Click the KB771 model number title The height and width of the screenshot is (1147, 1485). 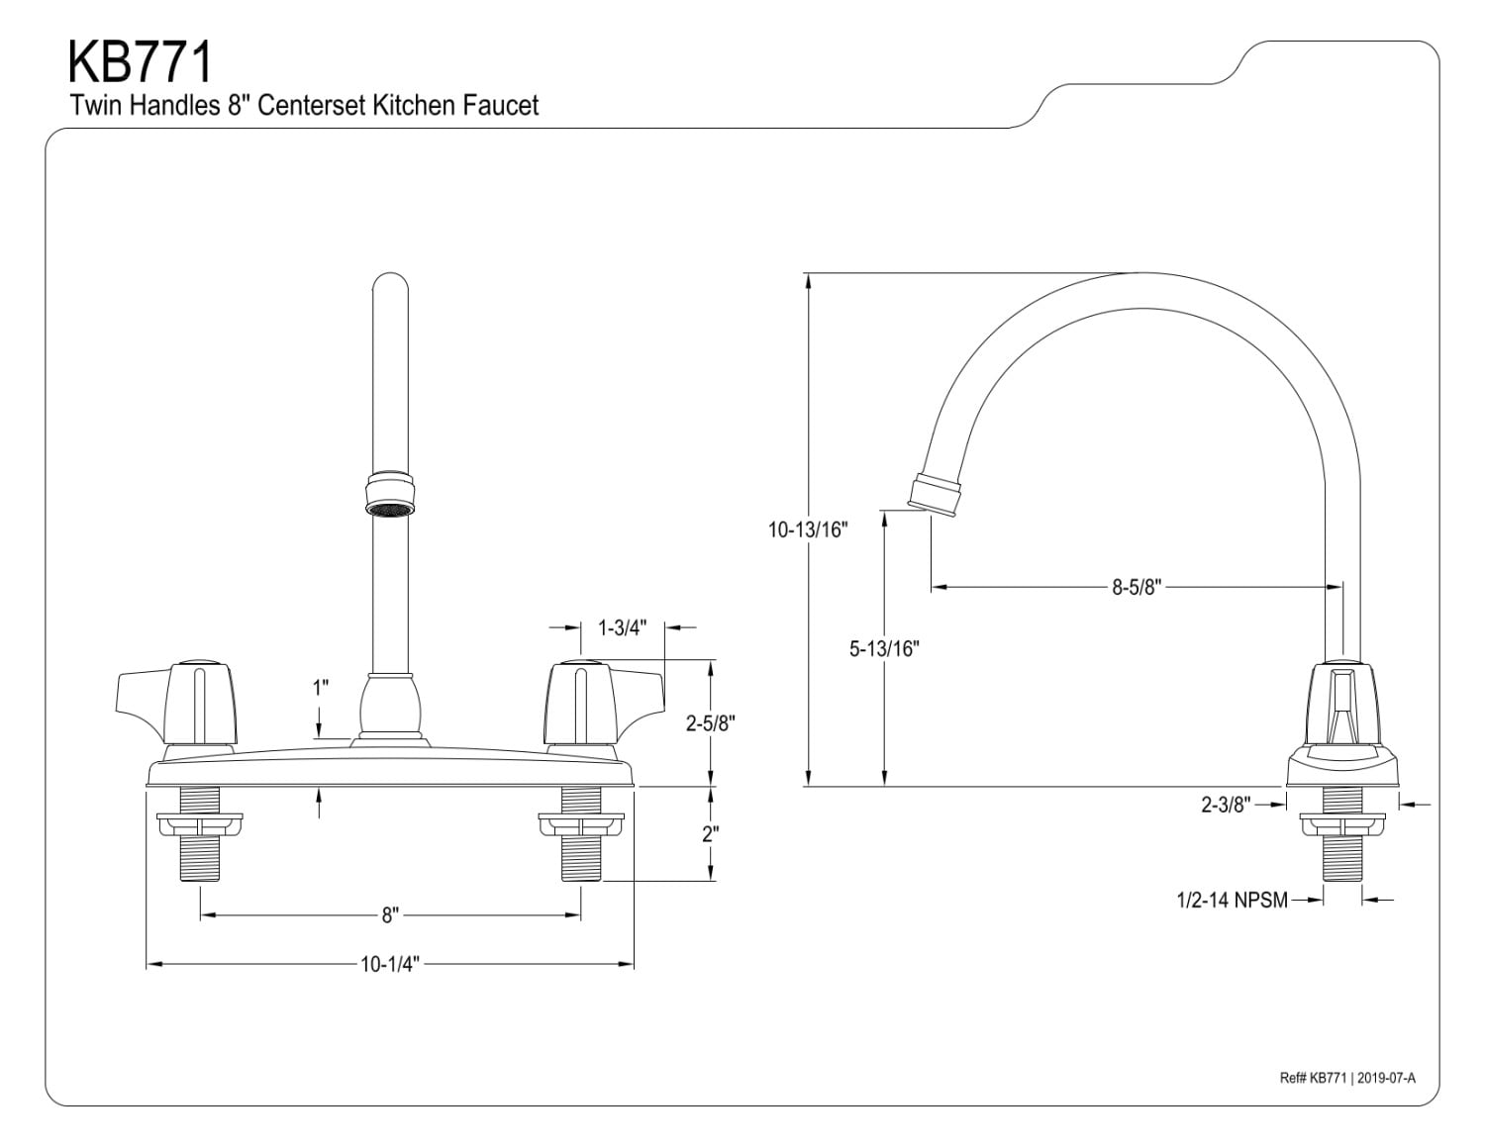[x=140, y=61]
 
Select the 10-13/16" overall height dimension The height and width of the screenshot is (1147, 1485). [x=809, y=529]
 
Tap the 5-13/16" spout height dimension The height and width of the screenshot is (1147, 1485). [x=884, y=649]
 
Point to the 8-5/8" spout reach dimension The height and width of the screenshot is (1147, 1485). [x=1135, y=587]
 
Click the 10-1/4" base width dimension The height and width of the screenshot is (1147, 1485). [x=390, y=964]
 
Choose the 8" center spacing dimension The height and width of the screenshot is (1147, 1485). [x=390, y=915]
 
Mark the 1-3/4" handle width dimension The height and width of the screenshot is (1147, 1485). [x=622, y=627]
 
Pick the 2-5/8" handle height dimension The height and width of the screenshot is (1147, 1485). [x=710, y=723]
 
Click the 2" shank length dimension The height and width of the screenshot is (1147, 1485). [x=709, y=833]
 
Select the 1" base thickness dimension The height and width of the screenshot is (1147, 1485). [x=320, y=688]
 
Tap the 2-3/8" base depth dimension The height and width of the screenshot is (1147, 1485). [x=1227, y=805]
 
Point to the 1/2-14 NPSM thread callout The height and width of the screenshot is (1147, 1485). [x=1232, y=900]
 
